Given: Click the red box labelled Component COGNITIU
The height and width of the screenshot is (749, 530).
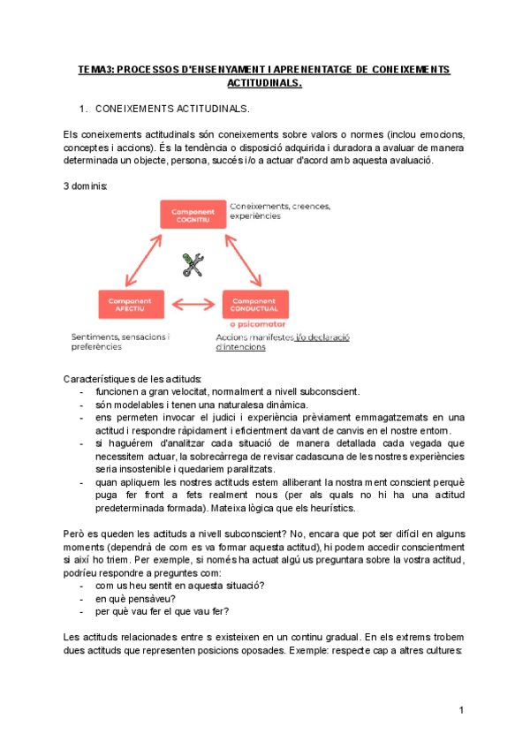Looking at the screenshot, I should point(191,216).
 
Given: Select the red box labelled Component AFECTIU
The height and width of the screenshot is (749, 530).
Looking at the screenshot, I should point(130,304).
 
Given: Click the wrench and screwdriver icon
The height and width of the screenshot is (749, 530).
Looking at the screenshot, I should point(193,263).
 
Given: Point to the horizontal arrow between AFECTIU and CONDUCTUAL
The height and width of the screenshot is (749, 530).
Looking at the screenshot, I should point(192,305).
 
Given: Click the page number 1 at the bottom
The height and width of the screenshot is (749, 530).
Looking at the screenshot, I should point(462,711).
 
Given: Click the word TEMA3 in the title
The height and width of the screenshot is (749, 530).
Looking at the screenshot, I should point(95,69).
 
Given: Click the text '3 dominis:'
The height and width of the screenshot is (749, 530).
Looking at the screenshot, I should point(85,186).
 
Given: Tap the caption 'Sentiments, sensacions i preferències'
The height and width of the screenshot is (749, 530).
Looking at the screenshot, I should point(121,342).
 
